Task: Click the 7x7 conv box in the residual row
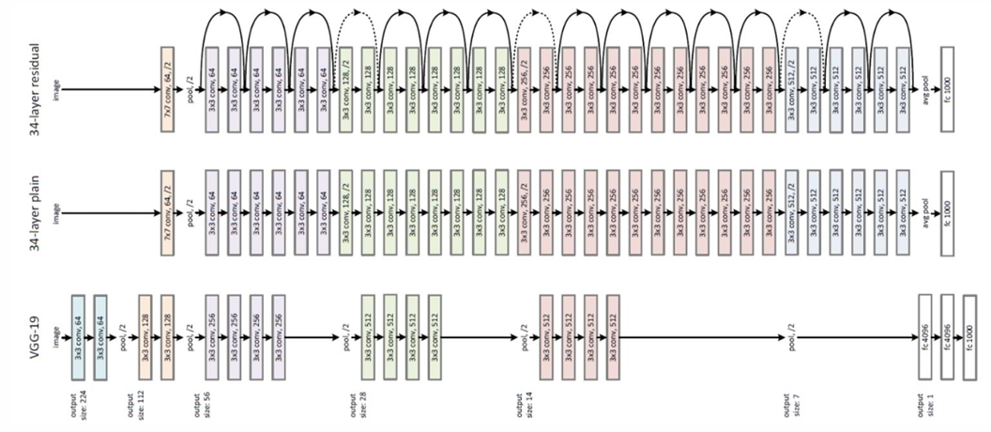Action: click(168, 89)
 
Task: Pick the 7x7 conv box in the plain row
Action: click(168, 208)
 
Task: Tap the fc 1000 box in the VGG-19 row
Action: click(969, 335)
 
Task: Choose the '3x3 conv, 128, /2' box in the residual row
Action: click(345, 90)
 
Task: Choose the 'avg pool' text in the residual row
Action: click(925, 90)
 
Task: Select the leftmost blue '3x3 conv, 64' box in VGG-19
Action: click(78, 335)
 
